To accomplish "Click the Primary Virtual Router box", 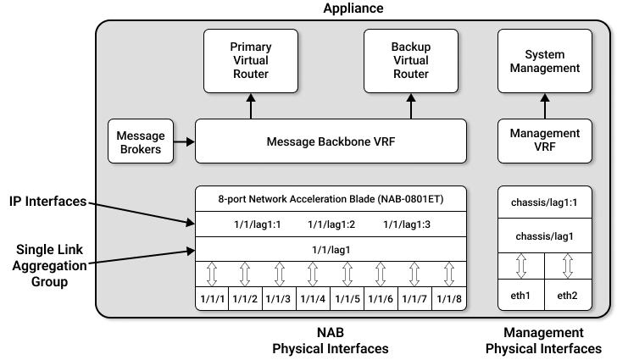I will coord(250,61).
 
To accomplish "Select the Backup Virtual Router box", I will coord(411,61).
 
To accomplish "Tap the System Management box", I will coord(545,61).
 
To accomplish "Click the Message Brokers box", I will coord(140,141).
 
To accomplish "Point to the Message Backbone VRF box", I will coord(331,141).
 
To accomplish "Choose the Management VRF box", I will coord(545,141).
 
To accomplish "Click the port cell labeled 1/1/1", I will coord(212,300).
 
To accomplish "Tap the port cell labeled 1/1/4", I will coord(314,300).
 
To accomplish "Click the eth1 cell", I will coord(520,296).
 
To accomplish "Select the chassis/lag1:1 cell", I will coord(545,203).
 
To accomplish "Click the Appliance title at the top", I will coord(353,8).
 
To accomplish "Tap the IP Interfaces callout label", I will coord(47,202).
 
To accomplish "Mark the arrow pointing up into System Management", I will coord(545,106).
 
